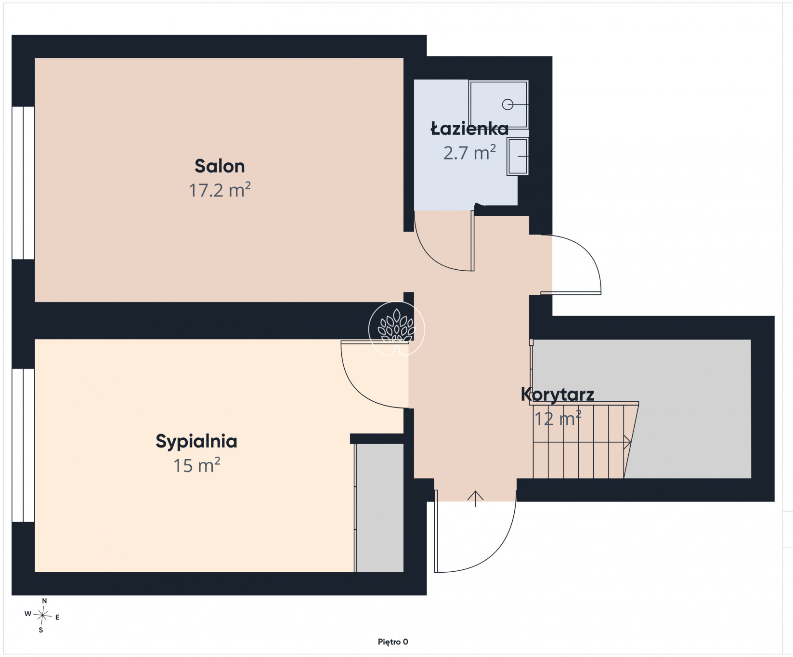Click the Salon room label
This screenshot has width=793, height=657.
pyautogui.click(x=220, y=166)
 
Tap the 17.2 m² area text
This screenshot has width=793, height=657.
pyautogui.click(x=220, y=190)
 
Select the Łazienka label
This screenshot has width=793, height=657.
pyautogui.click(x=469, y=129)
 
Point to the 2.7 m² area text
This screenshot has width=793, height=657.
pyautogui.click(x=469, y=153)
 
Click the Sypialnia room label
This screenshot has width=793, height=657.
pyautogui.click(x=196, y=442)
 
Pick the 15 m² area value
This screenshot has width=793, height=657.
pyautogui.click(x=196, y=465)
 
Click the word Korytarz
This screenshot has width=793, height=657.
pyautogui.click(x=558, y=395)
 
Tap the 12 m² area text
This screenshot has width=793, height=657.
pyautogui.click(x=558, y=418)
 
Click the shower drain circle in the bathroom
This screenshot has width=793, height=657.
pyautogui.click(x=507, y=104)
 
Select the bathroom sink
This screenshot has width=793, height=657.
pyautogui.click(x=518, y=156)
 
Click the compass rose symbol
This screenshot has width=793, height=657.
pyautogui.click(x=42, y=616)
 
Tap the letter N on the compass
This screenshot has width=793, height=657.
pyautogui.click(x=44, y=601)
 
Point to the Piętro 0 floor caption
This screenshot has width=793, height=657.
pyautogui.click(x=393, y=642)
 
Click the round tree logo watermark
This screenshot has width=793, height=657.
pyautogui.click(x=397, y=329)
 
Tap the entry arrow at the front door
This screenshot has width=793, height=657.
pyautogui.click(x=476, y=499)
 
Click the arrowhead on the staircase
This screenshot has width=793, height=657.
pyautogui.click(x=628, y=442)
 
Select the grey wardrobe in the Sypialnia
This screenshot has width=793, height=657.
pyautogui.click(x=379, y=508)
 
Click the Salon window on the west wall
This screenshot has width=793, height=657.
pyautogui.click(x=23, y=183)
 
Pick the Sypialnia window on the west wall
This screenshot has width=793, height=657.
pyautogui.click(x=23, y=446)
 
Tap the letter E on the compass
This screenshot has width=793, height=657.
pyautogui.click(x=57, y=617)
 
